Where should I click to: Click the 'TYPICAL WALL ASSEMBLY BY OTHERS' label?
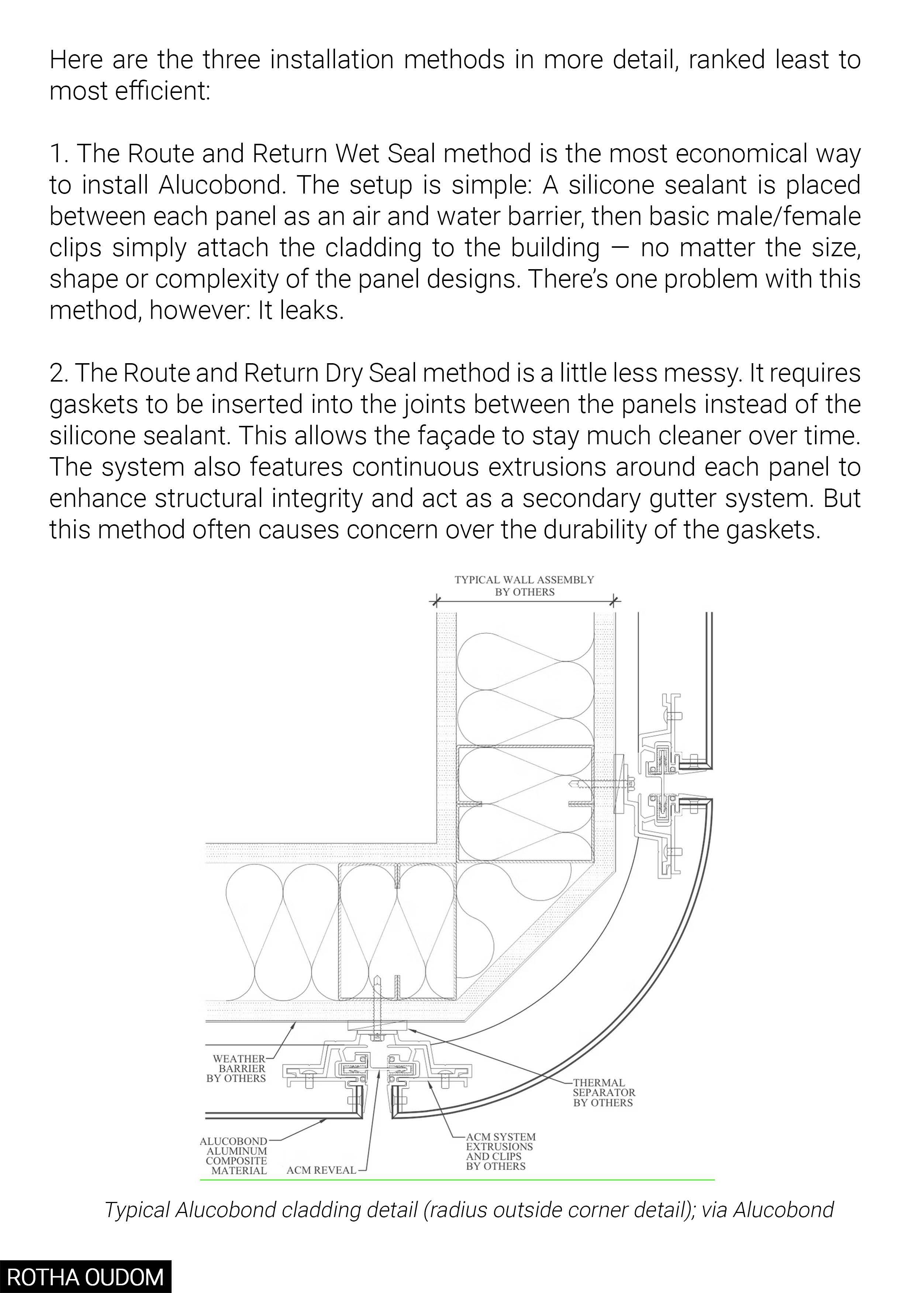click(524, 586)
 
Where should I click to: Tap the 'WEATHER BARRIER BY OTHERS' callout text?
click(236, 1068)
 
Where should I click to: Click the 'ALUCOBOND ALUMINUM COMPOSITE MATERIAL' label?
click(234, 1155)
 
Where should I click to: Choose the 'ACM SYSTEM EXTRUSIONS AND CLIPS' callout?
click(500, 1152)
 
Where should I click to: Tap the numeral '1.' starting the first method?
click(59, 154)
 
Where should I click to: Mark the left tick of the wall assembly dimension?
click(434, 601)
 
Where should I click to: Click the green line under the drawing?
click(457, 1179)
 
